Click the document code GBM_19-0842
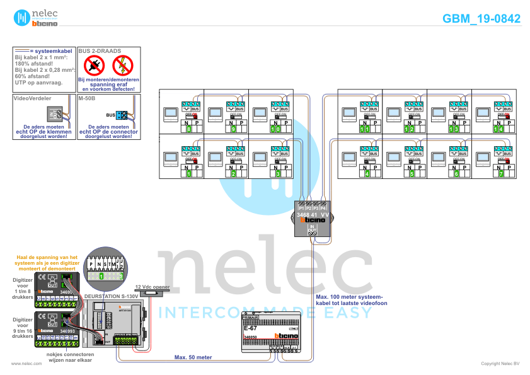481,19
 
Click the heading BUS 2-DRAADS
100,50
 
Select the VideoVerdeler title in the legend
32,98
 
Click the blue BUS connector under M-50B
122,115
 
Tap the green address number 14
499,129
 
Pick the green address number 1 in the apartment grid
188,173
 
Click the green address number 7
499,173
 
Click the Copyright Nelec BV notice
500,364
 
